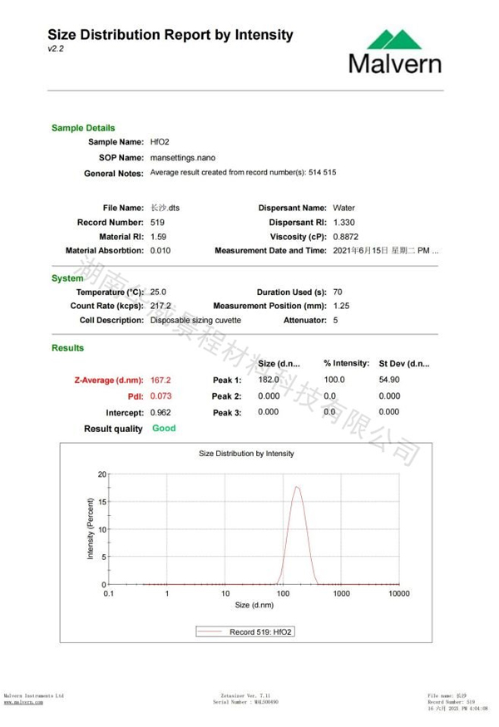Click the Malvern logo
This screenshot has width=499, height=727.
click(x=396, y=52)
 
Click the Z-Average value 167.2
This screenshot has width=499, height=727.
click(x=161, y=380)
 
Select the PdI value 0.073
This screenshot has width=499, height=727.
click(x=161, y=396)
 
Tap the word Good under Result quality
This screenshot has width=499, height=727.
click(x=164, y=428)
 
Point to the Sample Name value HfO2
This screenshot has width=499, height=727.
click(x=160, y=142)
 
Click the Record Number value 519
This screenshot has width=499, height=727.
click(x=157, y=223)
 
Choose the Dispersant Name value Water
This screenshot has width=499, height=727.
click(x=343, y=208)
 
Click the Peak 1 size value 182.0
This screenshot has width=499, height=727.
click(x=269, y=379)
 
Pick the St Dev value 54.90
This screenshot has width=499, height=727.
click(x=389, y=379)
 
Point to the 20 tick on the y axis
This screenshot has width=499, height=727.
click(x=102, y=474)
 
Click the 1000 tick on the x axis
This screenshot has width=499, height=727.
click(x=341, y=594)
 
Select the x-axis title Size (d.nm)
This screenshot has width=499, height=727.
click(x=254, y=605)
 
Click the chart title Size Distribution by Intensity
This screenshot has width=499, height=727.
click(x=246, y=454)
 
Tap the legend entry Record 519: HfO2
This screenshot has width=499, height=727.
click(x=261, y=632)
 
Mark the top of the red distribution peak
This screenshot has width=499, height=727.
click(x=296, y=487)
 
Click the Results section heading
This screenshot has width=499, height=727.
click(x=67, y=348)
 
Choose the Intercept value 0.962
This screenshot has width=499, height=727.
click(x=161, y=412)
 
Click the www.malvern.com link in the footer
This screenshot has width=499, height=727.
click(x=23, y=702)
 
